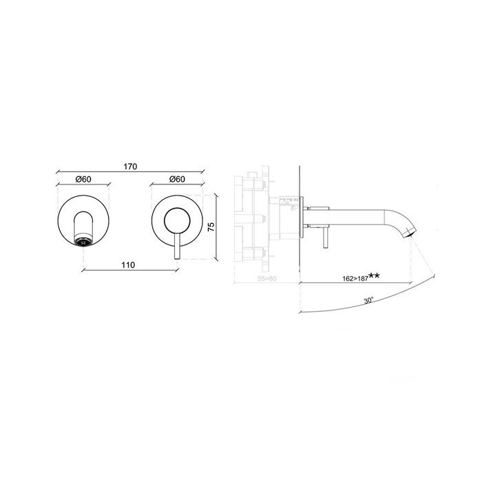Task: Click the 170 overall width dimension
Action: [132, 166]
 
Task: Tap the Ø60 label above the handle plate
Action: [176, 180]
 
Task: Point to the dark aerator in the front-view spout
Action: [83, 241]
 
